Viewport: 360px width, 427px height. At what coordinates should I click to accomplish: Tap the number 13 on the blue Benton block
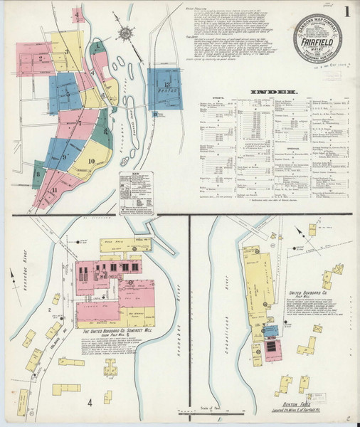(x=166, y=85)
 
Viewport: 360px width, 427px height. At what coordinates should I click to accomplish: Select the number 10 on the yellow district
(x=92, y=160)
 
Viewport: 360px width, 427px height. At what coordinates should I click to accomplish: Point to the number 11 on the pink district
(x=54, y=191)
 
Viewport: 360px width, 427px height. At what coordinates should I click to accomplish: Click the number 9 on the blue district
(x=65, y=156)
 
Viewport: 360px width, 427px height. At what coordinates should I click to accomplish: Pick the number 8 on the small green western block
(x=37, y=172)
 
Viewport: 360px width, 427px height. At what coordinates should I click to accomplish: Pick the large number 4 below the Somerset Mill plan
(x=90, y=403)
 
